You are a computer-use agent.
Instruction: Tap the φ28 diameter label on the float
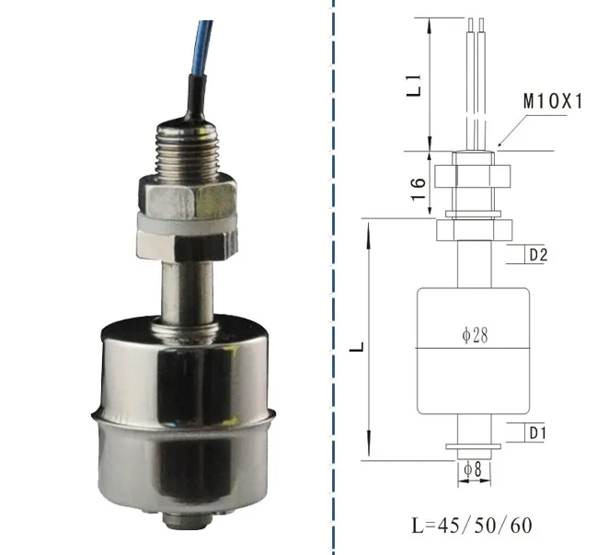pyautogui.click(x=475, y=336)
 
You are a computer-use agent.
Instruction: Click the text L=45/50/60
pyautogui.click(x=470, y=526)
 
